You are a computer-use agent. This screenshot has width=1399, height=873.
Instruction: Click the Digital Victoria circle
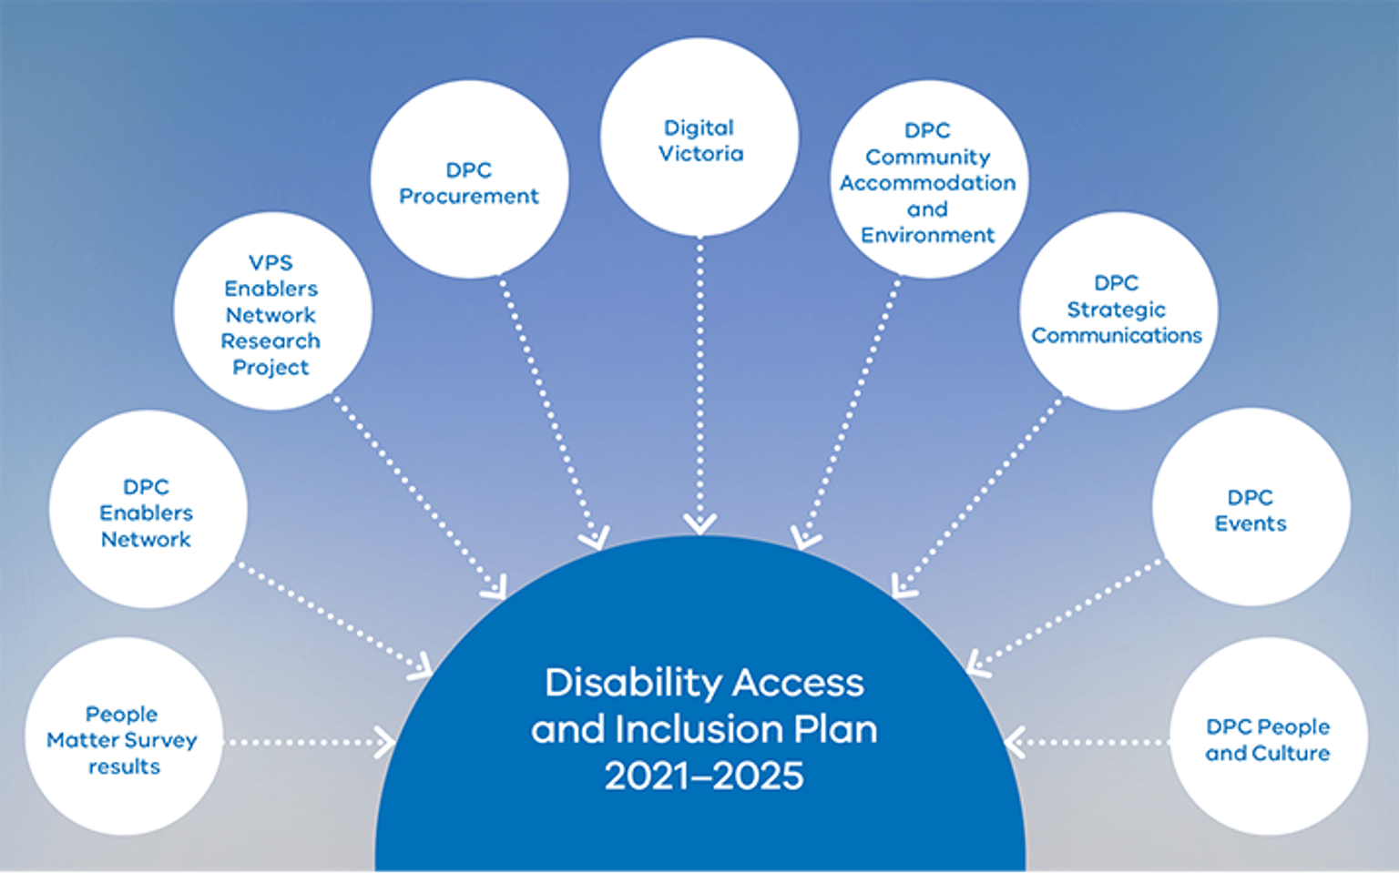[699, 137]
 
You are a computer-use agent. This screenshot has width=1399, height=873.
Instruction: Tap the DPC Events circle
[1251, 507]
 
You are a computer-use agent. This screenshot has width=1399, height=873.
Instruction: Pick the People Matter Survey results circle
[123, 736]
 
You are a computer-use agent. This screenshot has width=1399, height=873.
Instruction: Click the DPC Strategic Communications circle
[1118, 310]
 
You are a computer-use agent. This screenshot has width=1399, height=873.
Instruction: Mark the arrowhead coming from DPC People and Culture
[1015, 742]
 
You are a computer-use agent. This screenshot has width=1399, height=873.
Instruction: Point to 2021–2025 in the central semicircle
[704, 776]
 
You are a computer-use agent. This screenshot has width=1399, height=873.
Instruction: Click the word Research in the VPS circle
[271, 341]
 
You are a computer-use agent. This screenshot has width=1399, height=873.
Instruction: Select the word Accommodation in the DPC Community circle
[927, 183]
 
